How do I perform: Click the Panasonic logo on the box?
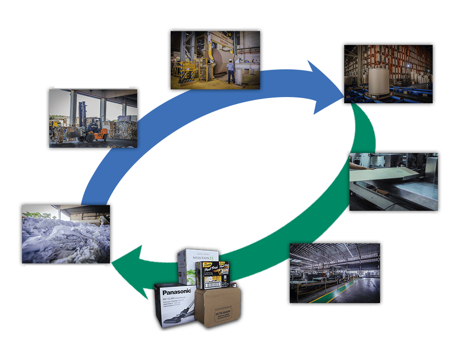click(176, 291)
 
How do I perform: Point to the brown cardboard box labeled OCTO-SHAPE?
click(219, 308)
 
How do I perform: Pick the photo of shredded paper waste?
click(66, 234)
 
